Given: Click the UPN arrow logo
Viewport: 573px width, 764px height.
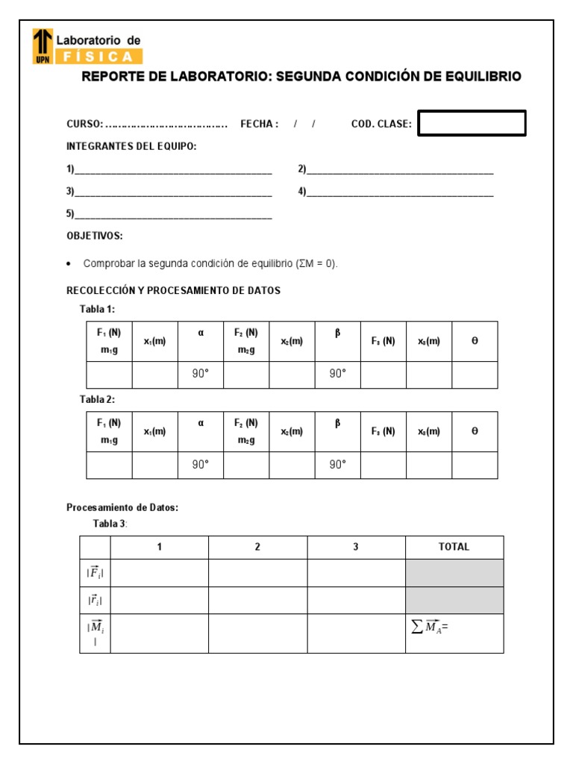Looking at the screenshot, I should pyautogui.click(x=43, y=46).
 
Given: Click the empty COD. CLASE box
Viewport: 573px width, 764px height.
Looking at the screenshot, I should pyautogui.click(x=472, y=124).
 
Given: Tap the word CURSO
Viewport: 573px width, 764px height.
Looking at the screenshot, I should pyautogui.click(x=83, y=124).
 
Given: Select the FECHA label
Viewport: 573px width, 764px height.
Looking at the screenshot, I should pyautogui.click(x=259, y=124).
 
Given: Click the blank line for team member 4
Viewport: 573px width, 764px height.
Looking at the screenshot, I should pyautogui.click(x=400, y=192).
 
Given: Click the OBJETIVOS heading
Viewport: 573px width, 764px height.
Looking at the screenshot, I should pyautogui.click(x=95, y=236).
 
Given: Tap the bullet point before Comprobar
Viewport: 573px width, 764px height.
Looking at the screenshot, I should pyautogui.click(x=69, y=264).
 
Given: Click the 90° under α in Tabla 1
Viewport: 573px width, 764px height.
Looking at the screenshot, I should pyautogui.click(x=201, y=375).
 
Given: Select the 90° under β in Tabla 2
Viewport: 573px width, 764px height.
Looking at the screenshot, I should pyautogui.click(x=338, y=465).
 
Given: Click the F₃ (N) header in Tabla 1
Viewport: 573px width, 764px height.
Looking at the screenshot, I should pyautogui.click(x=383, y=341).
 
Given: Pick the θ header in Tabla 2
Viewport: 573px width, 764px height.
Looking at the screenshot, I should pyautogui.click(x=475, y=431).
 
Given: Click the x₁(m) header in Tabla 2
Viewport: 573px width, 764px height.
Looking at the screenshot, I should pyautogui.click(x=155, y=431).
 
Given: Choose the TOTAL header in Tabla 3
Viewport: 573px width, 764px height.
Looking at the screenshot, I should pyautogui.click(x=454, y=547).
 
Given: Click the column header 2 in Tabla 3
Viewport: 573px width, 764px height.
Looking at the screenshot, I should pyautogui.click(x=257, y=547).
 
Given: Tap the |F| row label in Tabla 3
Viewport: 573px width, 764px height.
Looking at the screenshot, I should pyautogui.click(x=95, y=573).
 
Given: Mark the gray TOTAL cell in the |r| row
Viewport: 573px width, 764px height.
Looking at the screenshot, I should pyautogui.click(x=454, y=600).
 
